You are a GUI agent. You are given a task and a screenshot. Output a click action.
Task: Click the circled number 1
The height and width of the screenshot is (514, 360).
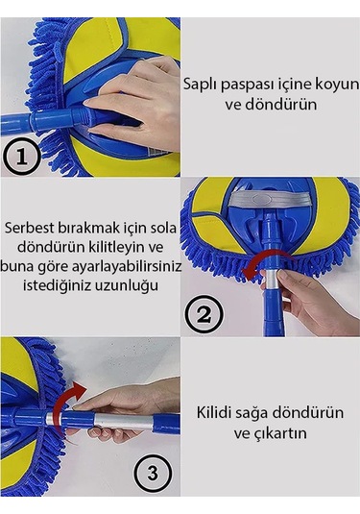coord(21,157)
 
